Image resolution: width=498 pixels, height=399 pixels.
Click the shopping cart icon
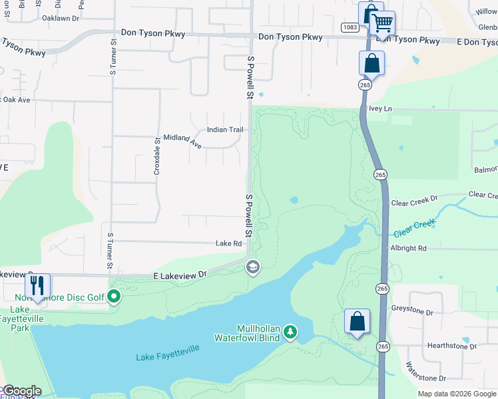click(x=382, y=23)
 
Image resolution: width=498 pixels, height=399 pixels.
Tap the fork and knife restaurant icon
click(x=37, y=287)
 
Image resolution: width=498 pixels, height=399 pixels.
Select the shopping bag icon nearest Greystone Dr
click(x=358, y=321)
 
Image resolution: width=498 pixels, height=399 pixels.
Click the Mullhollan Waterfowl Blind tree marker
click(x=290, y=331)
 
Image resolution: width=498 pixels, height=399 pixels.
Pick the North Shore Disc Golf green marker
click(x=114, y=297)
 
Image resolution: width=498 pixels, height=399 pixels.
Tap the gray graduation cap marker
click(x=252, y=267)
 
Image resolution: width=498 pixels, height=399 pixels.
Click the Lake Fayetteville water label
click(x=166, y=357)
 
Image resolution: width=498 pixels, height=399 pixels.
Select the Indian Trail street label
click(x=225, y=130)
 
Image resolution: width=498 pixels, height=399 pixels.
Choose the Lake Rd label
click(x=228, y=244)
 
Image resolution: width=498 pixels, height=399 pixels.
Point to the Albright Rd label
click(x=409, y=248)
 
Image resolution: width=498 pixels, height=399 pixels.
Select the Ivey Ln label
click(x=380, y=108)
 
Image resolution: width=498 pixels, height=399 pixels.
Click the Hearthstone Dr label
click(x=452, y=346)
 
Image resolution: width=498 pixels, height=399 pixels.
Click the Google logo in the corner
click(x=23, y=391)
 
